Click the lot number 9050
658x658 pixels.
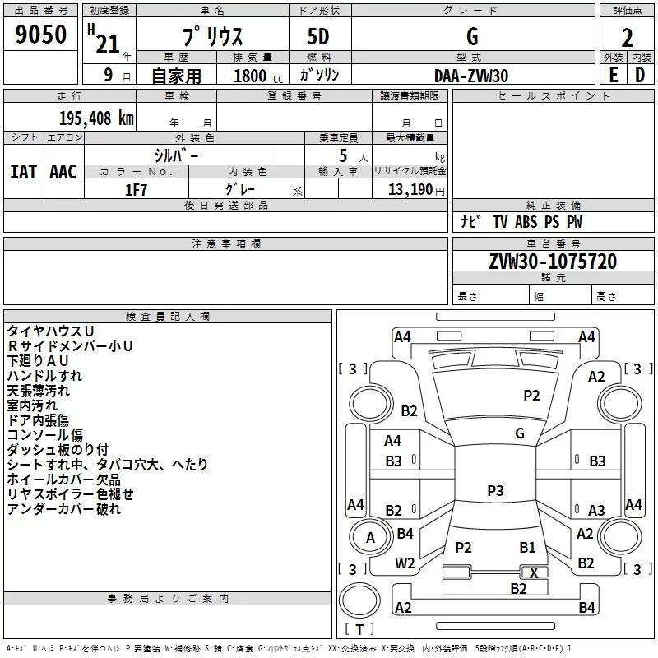41,36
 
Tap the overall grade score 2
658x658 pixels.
627,37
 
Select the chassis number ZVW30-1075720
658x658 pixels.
553,262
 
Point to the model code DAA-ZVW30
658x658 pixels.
471,76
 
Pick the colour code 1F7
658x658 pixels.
136,190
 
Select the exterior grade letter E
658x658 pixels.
613,75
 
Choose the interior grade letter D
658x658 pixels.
640,75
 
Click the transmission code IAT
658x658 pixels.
23,172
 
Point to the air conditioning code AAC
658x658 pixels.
63,172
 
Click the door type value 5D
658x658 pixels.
318,37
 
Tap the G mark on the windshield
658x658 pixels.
520,433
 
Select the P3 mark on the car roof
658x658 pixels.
495,491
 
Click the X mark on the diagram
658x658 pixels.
535,572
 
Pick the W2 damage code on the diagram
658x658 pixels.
405,563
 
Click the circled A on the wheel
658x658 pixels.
370,538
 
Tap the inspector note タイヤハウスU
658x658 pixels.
50,331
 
